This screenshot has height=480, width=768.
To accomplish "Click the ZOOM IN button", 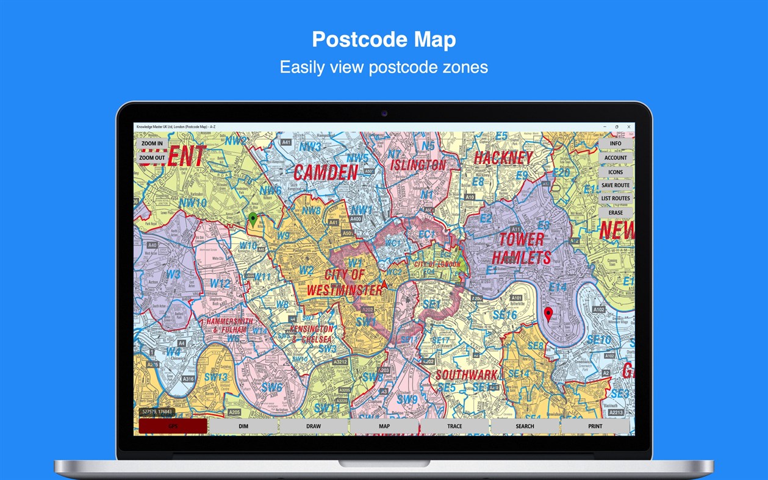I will coord(152,144).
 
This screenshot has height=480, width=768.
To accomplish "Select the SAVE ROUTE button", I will coord(615,185).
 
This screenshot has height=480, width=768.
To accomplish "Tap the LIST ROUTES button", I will coord(615,199).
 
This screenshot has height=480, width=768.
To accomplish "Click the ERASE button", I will coord(615,213).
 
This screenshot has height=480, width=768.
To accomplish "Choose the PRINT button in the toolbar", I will coord(595,426).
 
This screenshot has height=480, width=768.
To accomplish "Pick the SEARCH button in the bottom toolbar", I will coord(525,426).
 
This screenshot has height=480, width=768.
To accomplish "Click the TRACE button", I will coord(454,426).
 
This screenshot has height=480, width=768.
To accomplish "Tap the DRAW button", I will coord(314,426).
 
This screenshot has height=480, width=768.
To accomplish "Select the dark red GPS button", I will coord(173,426).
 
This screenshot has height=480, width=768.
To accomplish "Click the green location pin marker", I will coord(253,219).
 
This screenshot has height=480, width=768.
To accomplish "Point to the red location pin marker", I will coord(548,314).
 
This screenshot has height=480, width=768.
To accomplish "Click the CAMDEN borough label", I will coord(326,173).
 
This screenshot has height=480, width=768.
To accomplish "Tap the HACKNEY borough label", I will coord(503,158).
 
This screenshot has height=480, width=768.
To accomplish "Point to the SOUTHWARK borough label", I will coord(467,374).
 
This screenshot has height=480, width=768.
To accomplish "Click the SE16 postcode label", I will coord(504,315).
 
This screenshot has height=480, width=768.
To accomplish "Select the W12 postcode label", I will coord(220,284).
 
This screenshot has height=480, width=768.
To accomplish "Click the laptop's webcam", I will coord(384,113).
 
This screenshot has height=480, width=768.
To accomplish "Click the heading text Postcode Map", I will coord(384,40).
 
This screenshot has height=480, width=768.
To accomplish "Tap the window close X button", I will coord(629,127).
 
